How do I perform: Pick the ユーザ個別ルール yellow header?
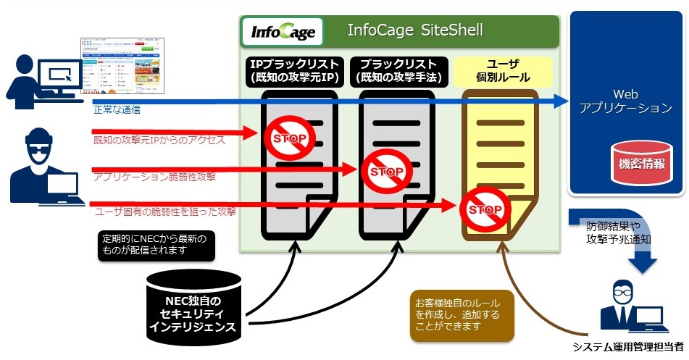point(503,70)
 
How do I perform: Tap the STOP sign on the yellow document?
point(484,209)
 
